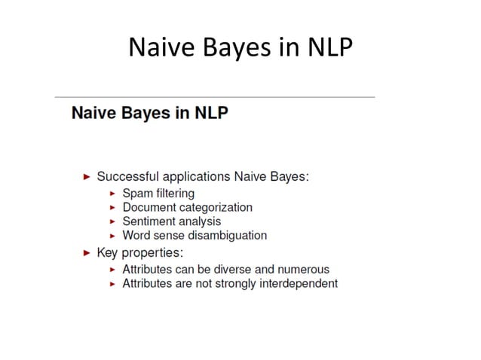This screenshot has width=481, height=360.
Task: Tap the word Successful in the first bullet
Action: tap(126, 177)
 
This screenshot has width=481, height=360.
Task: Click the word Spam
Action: tap(136, 194)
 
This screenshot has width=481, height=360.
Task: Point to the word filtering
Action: tap(173, 194)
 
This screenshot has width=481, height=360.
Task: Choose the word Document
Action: tap(149, 207)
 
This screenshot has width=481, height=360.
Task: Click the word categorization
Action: tap(216, 207)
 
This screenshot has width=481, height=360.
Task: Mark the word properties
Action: tap(155, 252)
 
